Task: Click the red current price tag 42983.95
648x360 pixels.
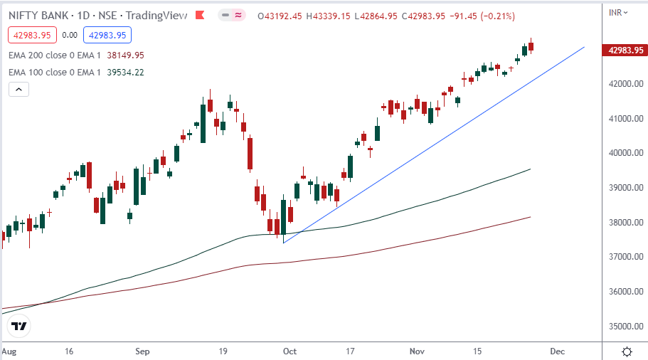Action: (625, 50)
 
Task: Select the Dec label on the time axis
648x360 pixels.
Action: (557, 351)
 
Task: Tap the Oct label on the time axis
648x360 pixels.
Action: (289, 351)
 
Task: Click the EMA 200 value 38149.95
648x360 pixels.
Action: (124, 55)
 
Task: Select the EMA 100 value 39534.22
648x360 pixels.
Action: (124, 72)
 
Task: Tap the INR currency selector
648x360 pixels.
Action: (619, 12)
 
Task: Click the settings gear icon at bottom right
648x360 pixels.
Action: (627, 351)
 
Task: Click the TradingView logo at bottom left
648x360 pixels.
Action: (19, 327)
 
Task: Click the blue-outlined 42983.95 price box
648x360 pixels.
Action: (107, 34)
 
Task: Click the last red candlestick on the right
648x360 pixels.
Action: (531, 46)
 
